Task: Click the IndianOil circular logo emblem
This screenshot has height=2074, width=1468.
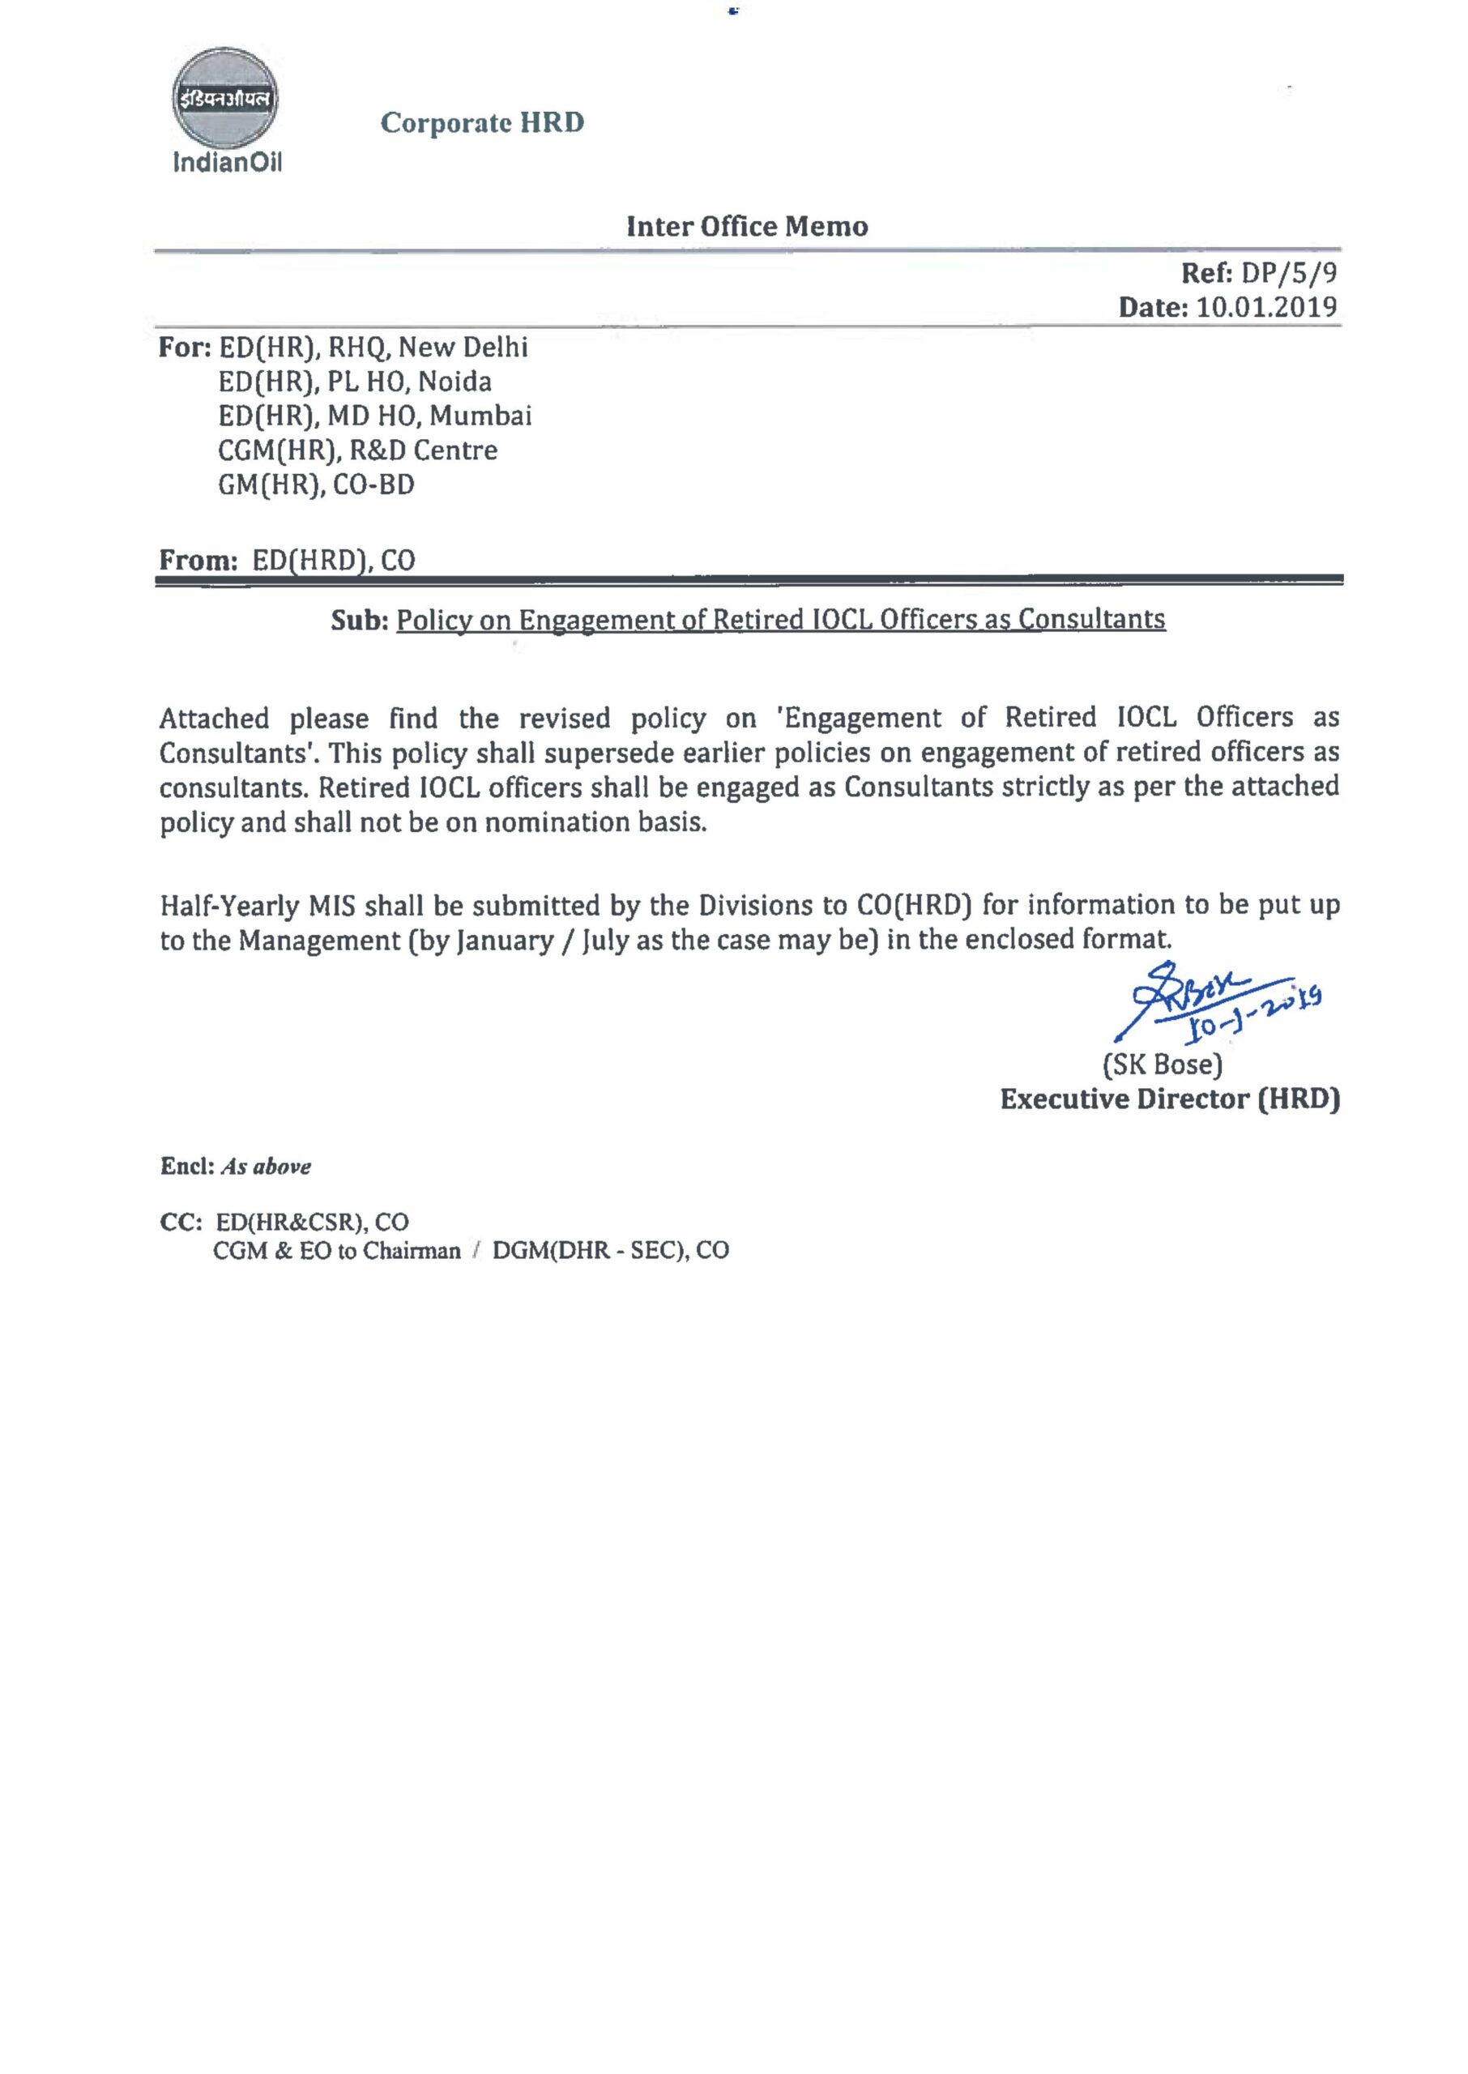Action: [226, 99]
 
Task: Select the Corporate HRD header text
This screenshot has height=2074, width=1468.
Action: [482, 122]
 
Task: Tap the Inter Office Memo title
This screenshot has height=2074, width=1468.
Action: [747, 226]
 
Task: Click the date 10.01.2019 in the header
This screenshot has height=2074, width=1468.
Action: [1266, 307]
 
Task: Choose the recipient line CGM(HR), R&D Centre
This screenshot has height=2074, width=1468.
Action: [357, 450]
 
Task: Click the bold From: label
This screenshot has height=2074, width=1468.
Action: [198, 561]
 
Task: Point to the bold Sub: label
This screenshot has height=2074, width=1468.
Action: [359, 620]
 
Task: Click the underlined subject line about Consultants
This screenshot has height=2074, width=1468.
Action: [781, 620]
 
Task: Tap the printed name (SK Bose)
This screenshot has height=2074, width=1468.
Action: [1163, 1065]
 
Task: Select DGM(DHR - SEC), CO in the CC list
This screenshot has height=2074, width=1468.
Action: [610, 1251]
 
